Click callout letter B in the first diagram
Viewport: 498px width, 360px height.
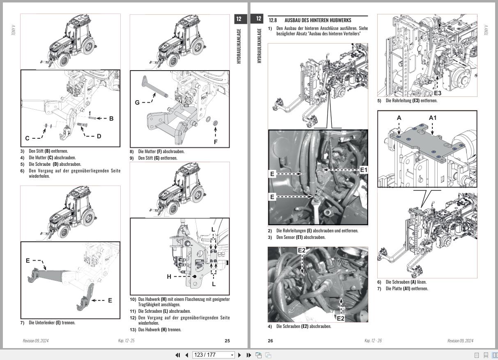pos(111,119)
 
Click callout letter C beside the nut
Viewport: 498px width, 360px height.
pos(27,138)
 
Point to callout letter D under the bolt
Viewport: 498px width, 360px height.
pos(99,136)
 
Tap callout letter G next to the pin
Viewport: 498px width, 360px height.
pos(137,102)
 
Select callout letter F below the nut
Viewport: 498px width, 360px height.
pos(216,142)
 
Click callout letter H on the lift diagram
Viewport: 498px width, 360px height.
pos(169,277)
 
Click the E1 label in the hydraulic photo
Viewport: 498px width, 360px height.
pos(364,169)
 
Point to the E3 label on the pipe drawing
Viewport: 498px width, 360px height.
pos(438,93)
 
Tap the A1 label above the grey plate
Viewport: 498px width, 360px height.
pos(433,118)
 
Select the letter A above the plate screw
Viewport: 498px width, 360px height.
pos(399,118)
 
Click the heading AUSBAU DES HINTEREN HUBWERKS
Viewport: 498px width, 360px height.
pos(318,20)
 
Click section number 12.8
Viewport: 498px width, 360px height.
pos(273,20)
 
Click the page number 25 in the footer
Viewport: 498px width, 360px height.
pos(227,341)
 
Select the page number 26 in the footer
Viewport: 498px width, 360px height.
pos(270,341)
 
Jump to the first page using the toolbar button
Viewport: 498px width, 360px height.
pos(178,355)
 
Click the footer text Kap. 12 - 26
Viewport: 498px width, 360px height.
pos(373,341)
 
